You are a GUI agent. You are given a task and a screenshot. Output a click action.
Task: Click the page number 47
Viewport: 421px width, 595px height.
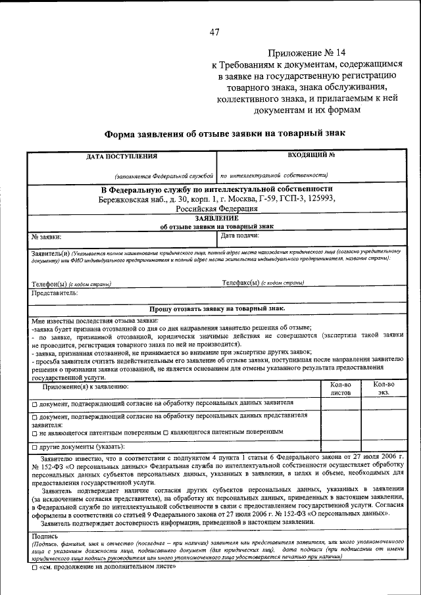(214, 32)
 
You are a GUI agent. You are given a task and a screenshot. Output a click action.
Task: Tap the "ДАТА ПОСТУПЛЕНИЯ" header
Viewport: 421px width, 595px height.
(122, 156)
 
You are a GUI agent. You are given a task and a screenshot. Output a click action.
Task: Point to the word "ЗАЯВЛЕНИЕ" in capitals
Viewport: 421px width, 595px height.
(216, 218)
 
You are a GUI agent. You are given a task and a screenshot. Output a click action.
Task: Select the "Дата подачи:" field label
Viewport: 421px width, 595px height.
(239, 235)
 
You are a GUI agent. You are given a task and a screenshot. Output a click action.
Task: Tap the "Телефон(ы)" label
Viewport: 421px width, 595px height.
(50, 284)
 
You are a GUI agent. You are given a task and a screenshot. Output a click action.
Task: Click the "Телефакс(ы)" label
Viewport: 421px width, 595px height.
(241, 283)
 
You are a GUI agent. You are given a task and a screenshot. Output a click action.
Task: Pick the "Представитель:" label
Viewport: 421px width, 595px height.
(55, 293)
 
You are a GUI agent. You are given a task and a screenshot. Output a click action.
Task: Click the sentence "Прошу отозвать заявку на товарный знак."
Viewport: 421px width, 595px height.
(216, 308)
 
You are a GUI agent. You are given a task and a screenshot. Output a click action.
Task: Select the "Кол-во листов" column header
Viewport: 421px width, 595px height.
(340, 388)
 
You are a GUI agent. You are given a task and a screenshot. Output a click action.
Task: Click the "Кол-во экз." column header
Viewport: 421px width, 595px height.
(383, 388)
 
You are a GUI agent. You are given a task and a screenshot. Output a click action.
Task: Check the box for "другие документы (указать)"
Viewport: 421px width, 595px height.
(35, 447)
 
